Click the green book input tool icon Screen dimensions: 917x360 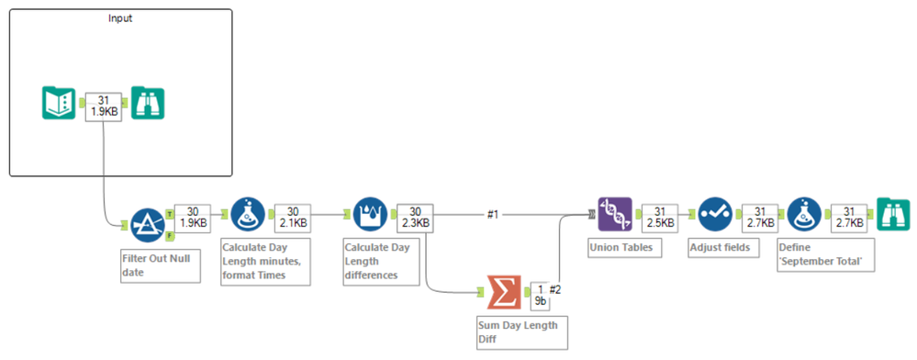coord(60,103)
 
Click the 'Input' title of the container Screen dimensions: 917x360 coord(119,18)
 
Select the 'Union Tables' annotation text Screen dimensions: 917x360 coord(621,248)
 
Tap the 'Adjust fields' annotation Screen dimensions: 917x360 coord(719,248)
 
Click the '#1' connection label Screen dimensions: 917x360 coord(493,214)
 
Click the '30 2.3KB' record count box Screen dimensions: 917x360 coord(413,216)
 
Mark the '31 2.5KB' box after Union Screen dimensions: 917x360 coord(659,216)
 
